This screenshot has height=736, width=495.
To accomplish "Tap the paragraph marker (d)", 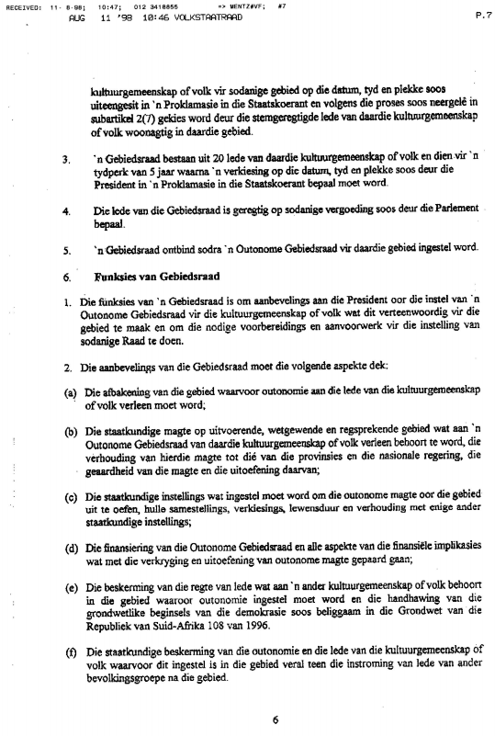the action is [70, 550].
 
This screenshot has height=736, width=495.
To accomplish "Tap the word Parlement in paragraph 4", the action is [452, 209].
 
